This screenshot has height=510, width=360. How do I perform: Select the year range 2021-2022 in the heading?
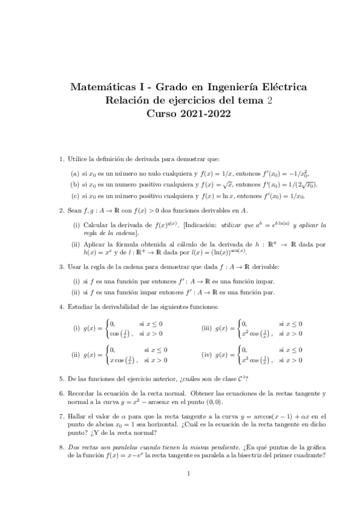coord(204,113)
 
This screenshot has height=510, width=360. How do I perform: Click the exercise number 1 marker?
coord(61,159)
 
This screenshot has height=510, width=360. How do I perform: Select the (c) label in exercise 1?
coord(75,195)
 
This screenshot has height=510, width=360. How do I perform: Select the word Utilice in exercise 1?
coord(78,159)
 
